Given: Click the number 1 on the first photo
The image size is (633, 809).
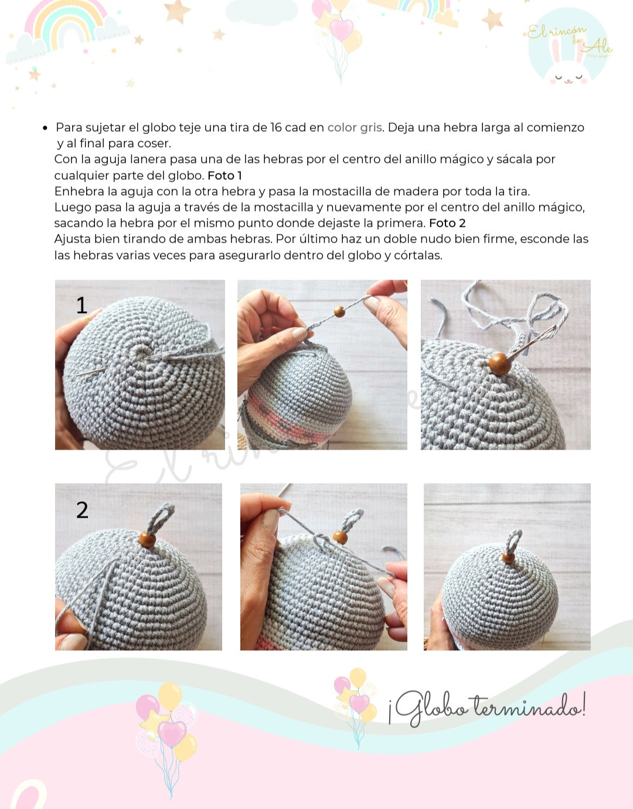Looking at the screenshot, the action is click(82, 305).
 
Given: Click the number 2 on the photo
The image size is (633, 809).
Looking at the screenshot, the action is click(82, 510).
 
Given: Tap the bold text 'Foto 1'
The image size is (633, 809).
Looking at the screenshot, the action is click(224, 175).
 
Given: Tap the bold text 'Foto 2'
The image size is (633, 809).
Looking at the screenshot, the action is click(447, 223).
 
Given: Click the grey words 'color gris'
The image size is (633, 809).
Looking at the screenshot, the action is click(355, 128).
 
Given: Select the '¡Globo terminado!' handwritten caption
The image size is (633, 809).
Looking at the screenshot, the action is click(487, 709).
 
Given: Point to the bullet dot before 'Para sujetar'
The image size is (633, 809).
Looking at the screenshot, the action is click(45, 128).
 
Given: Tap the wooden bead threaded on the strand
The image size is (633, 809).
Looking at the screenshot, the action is click(339, 311).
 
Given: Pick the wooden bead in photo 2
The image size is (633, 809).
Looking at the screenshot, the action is click(147, 539).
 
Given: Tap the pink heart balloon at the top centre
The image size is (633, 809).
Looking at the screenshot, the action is click(342, 29).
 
